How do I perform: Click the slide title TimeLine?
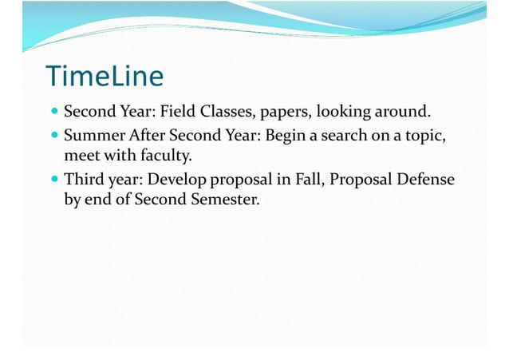105,76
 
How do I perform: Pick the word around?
405,110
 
